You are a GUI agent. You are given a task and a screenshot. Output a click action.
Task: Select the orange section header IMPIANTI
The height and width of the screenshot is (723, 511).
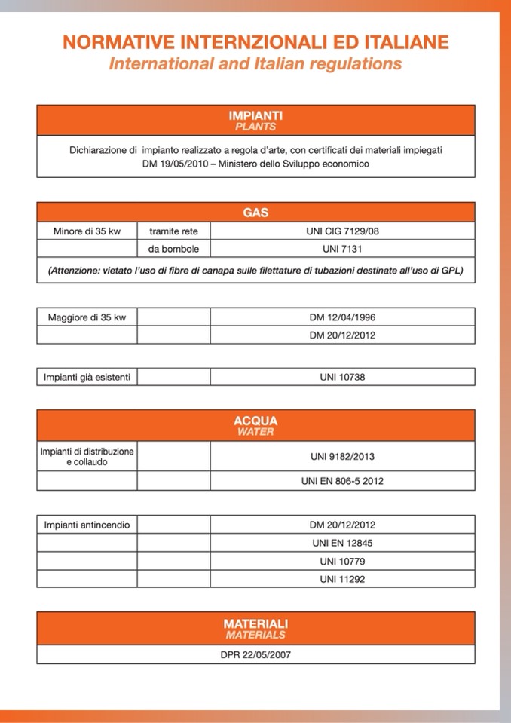(255, 115)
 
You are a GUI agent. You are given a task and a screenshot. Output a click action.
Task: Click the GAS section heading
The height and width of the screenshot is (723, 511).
(255, 213)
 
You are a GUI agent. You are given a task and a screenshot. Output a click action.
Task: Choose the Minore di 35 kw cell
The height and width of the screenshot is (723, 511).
(87, 231)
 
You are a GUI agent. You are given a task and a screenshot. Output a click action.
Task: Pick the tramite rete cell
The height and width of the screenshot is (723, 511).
(173, 231)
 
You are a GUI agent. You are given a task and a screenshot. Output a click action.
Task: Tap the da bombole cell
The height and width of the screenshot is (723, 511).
(173, 249)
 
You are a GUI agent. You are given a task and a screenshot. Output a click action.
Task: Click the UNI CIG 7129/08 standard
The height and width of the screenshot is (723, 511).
(342, 231)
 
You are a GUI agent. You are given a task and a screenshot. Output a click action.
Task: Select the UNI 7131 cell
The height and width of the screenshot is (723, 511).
(342, 249)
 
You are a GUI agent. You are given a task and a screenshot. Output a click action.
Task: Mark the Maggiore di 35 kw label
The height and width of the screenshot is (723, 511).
(87, 317)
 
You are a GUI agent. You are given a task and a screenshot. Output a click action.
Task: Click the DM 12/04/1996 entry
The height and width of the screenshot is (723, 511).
(342, 317)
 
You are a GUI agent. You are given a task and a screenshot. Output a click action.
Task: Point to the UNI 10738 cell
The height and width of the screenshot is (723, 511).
(342, 377)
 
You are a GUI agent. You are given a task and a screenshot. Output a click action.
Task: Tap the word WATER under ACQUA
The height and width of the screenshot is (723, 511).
(255, 432)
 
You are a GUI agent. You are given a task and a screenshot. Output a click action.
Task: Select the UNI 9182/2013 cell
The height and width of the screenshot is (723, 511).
(342, 457)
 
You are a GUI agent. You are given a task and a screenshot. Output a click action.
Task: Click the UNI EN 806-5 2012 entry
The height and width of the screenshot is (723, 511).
(342, 481)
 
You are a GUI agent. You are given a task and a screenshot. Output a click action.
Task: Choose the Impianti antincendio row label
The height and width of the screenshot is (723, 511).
(87, 525)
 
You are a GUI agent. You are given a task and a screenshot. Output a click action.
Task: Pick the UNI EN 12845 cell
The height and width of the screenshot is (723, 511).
(342, 543)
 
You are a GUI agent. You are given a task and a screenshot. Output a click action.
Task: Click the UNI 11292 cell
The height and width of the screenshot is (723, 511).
(342, 580)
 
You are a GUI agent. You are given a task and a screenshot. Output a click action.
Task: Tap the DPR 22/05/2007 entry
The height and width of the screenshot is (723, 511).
(255, 654)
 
